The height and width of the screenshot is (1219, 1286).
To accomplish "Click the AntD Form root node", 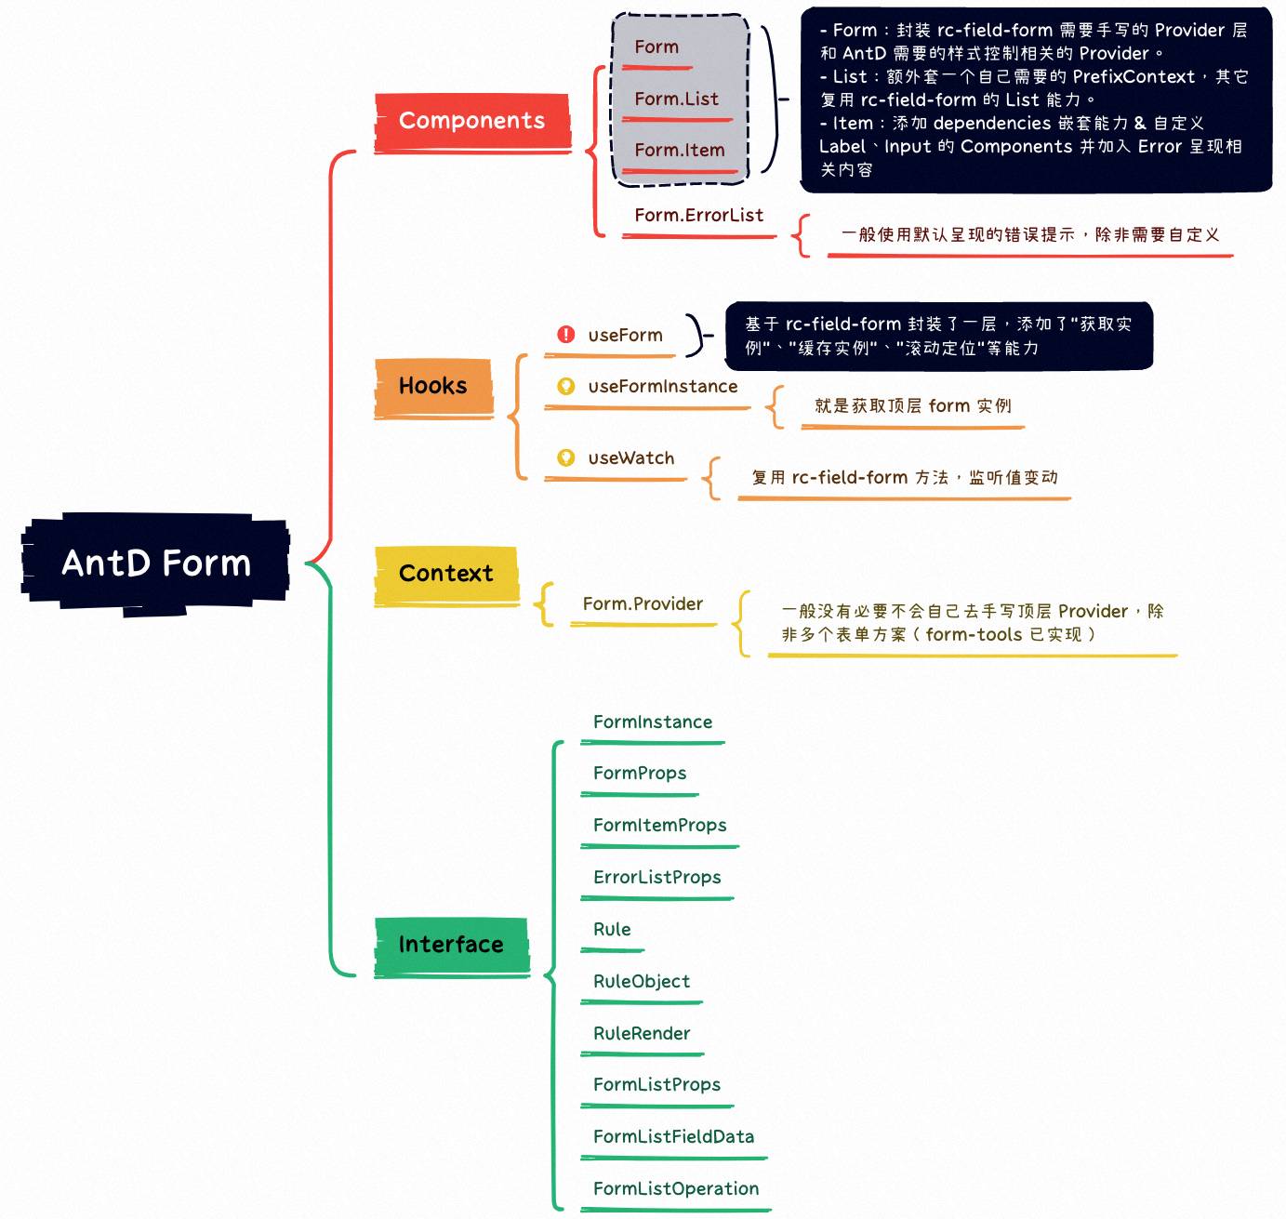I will click(x=155, y=563).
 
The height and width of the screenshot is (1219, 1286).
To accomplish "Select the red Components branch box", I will click(x=471, y=121).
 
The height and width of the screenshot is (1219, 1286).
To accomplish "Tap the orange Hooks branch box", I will click(x=433, y=386).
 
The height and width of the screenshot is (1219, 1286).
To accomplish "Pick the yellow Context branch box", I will click(x=446, y=574).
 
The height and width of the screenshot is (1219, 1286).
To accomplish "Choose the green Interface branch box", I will click(x=451, y=945).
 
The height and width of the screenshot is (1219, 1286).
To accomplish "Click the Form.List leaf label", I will click(x=676, y=99).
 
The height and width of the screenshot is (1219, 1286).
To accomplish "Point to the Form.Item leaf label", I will click(x=679, y=151).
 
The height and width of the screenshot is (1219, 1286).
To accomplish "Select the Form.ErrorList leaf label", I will click(x=698, y=216).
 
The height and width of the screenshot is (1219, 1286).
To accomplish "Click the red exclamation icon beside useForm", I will click(x=565, y=335).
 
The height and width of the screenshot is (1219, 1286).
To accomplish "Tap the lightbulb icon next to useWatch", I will click(x=565, y=457).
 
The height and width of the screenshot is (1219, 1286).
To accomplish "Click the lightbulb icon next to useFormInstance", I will click(x=565, y=386).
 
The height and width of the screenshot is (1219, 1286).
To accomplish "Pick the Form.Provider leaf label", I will click(x=643, y=604).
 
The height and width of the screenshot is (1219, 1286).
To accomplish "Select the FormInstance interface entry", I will click(x=653, y=722).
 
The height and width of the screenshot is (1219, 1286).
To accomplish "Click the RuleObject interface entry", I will click(x=642, y=982).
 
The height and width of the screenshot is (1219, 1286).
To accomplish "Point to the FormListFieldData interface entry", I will click(x=673, y=1137).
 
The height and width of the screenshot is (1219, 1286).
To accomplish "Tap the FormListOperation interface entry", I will click(x=676, y=1189).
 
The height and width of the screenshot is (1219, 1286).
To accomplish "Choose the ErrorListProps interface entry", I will click(x=656, y=878).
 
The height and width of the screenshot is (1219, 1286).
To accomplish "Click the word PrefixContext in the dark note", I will click(x=1134, y=77).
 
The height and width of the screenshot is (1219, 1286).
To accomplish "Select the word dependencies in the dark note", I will click(x=991, y=124).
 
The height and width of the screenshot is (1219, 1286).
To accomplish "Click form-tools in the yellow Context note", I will click(x=974, y=635).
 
